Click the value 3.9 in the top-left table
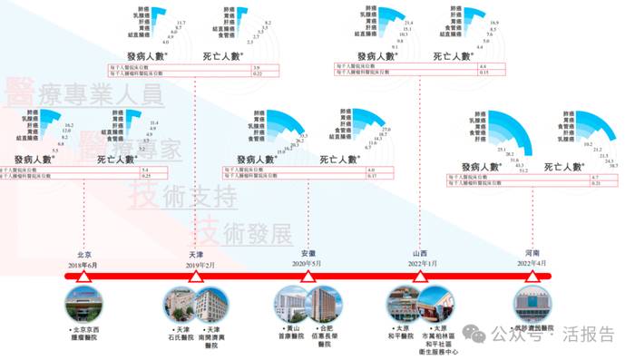(258, 68)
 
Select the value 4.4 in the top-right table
(484, 67)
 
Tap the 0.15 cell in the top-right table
(485, 73)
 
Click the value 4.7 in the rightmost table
(596, 176)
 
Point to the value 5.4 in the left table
(144, 170)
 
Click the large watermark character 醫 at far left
(20, 92)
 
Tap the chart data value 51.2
(524, 170)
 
